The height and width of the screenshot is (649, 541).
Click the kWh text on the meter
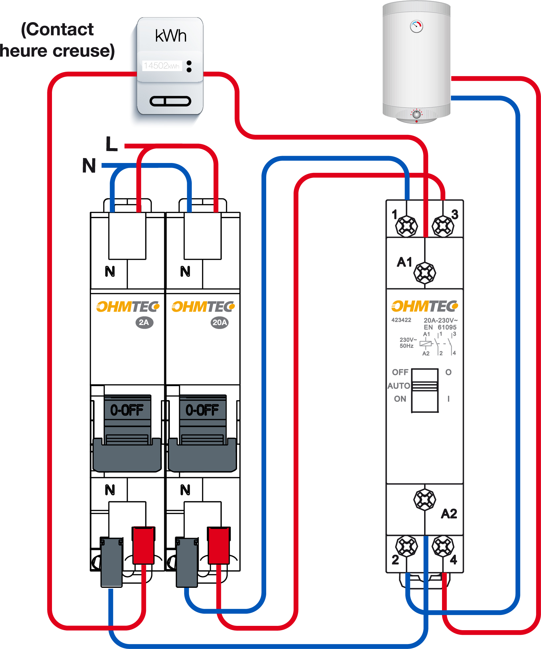(171, 36)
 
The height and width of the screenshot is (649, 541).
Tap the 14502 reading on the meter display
(161, 65)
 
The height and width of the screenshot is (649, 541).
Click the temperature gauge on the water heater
(416, 26)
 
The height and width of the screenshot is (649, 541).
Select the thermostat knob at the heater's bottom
(417, 114)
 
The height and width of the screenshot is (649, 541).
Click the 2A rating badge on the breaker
(144, 322)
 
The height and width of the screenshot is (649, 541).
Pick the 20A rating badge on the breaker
(220, 322)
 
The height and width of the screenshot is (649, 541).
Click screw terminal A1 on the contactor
(425, 273)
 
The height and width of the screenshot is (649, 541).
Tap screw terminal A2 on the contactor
(425, 499)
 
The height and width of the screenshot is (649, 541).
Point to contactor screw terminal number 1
(407, 226)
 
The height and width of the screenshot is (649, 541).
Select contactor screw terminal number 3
(443, 226)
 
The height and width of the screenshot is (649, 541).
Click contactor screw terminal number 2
(407, 547)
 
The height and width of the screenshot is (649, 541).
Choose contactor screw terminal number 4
(443, 547)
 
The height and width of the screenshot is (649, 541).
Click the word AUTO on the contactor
(399, 386)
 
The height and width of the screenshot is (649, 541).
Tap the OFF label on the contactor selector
(400, 372)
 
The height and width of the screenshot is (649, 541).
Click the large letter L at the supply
(112, 144)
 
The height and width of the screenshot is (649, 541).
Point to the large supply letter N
(89, 166)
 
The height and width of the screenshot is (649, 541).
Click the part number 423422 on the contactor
(401, 320)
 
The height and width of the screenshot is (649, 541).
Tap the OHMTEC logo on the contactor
(424, 306)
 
